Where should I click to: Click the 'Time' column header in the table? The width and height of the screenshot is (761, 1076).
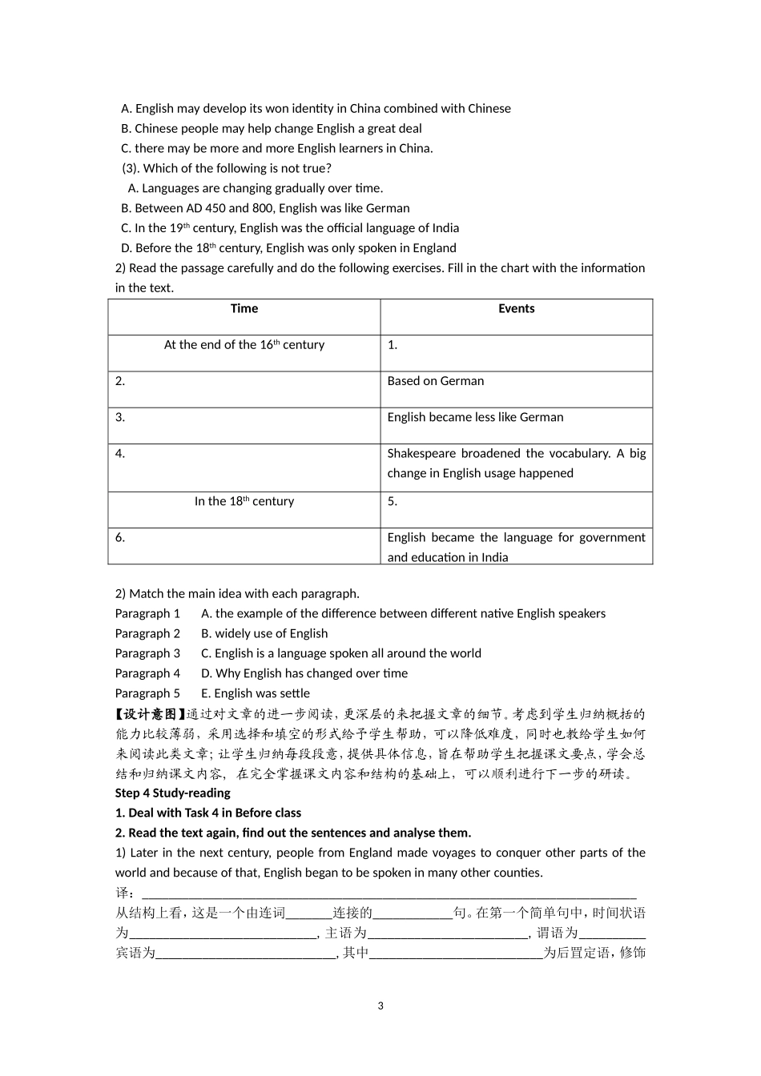[244, 309]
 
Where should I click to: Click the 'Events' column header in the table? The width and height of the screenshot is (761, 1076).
[516, 309]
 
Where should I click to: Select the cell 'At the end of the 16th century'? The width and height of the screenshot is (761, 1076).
[244, 345]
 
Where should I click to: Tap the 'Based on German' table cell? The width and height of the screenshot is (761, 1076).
[435, 381]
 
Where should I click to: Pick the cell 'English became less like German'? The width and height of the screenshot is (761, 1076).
[475, 417]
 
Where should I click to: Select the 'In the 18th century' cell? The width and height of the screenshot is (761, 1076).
[244, 501]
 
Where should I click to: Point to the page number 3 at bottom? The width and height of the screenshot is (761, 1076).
[380, 1006]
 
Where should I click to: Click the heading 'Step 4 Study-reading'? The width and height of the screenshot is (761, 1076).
[172, 793]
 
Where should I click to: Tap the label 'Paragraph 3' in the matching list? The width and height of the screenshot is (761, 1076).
[147, 653]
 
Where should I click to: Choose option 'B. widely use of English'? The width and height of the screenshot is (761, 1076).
[264, 633]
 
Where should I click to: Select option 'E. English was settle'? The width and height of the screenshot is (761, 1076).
[255, 693]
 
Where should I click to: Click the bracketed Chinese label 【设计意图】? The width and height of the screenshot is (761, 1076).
[151, 714]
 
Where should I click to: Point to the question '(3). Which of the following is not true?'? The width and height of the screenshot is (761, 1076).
[227, 168]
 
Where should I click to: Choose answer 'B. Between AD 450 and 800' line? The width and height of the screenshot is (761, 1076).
[265, 208]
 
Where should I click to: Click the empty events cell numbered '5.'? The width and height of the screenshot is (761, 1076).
[516, 509]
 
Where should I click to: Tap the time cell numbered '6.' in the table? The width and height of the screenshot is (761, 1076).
[244, 545]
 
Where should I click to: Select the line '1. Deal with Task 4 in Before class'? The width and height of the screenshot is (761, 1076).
[208, 813]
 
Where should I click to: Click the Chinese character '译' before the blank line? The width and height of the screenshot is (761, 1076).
[122, 893]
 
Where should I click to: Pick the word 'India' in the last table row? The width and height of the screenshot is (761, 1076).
[494, 557]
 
